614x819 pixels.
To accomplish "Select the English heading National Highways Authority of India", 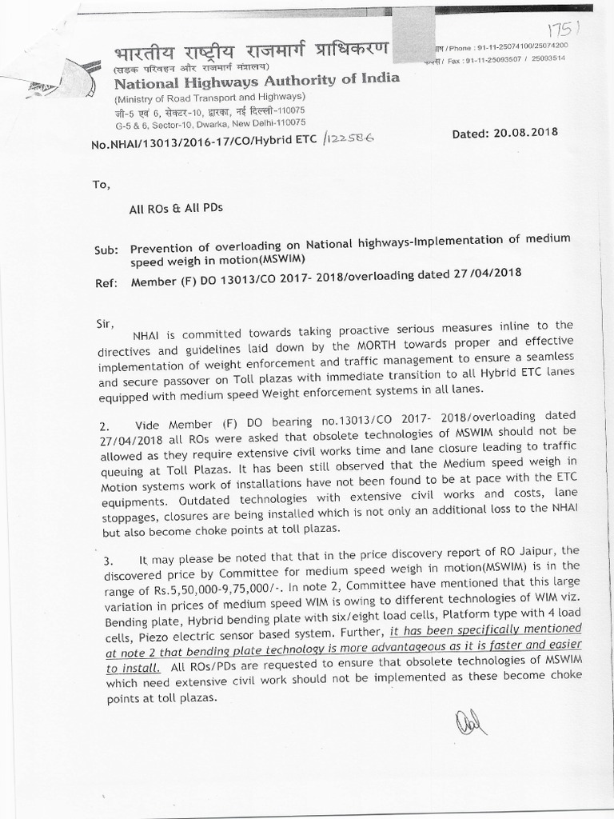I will point(256,82).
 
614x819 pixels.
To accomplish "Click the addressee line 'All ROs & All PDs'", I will point(176,208).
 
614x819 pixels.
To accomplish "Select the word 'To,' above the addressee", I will point(102,184).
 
